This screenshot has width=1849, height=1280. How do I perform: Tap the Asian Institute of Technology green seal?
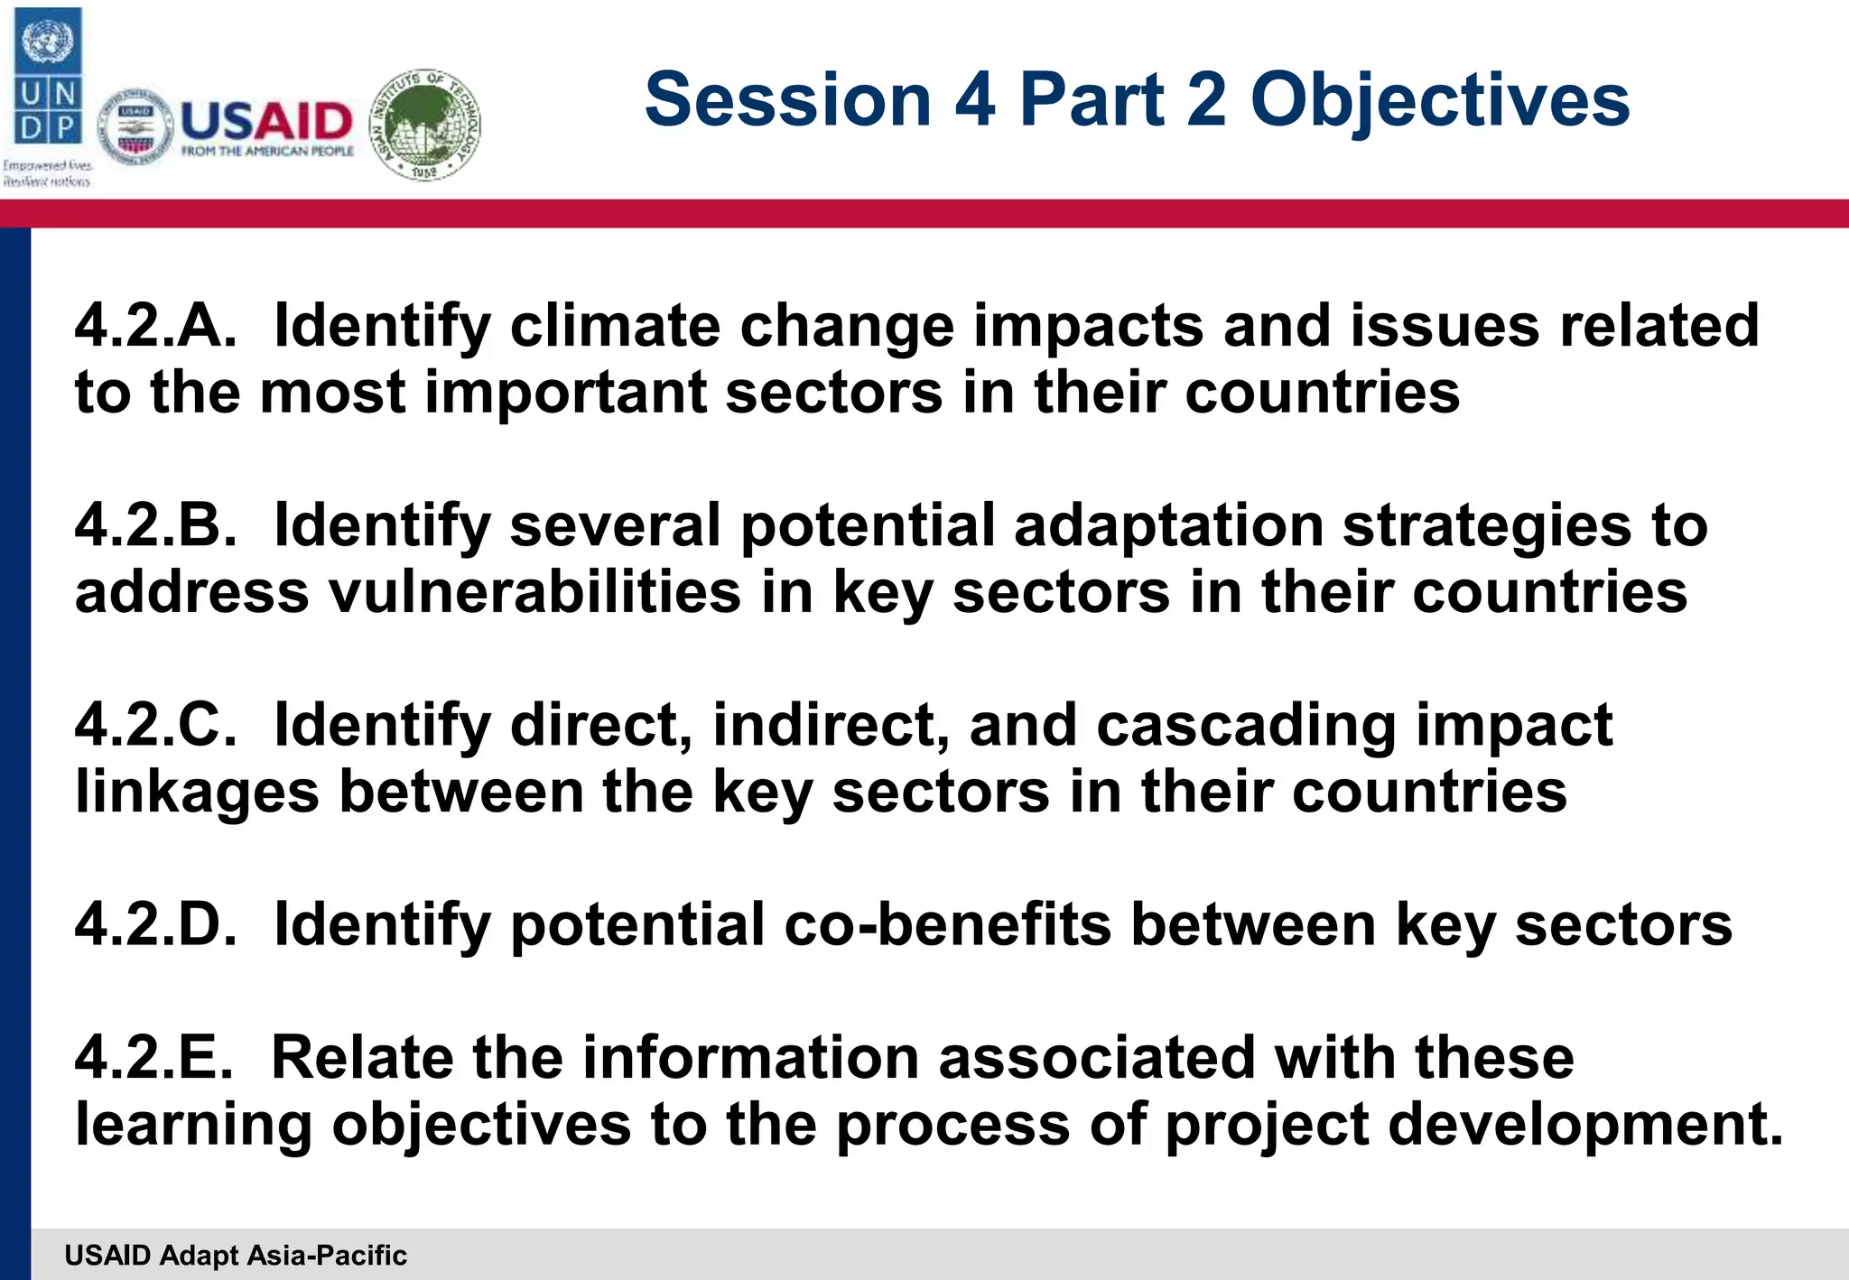(x=426, y=125)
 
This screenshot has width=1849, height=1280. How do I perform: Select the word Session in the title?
(x=787, y=99)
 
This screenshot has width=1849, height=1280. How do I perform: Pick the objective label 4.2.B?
(x=155, y=525)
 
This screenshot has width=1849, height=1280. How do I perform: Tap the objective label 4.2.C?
(x=155, y=725)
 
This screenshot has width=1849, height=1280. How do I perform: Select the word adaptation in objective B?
(x=1168, y=525)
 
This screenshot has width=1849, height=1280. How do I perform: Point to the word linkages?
(x=197, y=793)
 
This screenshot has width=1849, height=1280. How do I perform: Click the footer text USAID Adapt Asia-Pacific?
(x=236, y=1255)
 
